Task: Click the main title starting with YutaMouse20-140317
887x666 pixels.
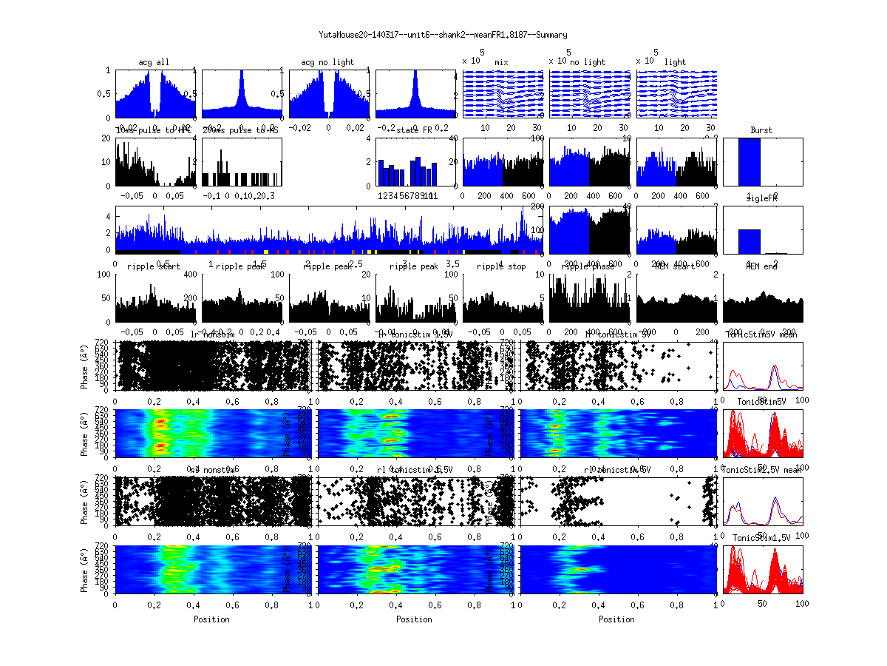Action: [x=443, y=35]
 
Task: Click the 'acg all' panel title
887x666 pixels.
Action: [x=154, y=62]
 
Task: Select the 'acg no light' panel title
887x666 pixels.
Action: [x=327, y=62]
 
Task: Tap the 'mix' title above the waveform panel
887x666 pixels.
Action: [x=502, y=62]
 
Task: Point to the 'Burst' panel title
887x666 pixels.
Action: [x=761, y=130]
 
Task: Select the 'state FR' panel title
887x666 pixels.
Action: [x=415, y=130]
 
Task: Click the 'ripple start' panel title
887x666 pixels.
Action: [x=154, y=266]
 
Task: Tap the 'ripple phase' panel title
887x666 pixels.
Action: [x=589, y=266]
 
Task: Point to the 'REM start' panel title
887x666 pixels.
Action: [x=675, y=266]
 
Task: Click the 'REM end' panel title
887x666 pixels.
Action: [x=761, y=266]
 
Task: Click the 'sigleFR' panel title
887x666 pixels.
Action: [x=761, y=199]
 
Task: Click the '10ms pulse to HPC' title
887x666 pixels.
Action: [x=154, y=130]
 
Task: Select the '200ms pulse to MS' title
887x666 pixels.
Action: [x=241, y=130]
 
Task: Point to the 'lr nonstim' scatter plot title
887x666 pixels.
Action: [x=214, y=334]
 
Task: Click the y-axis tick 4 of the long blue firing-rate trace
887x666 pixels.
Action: [x=109, y=217]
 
